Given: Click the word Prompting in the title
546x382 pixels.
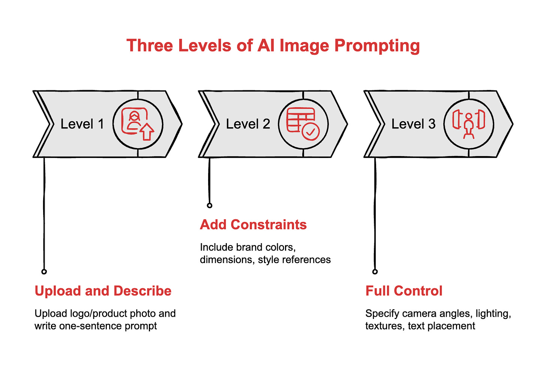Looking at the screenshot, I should (x=377, y=46).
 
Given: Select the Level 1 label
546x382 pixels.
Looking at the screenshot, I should (x=82, y=124).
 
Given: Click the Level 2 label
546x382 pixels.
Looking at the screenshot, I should (x=248, y=124).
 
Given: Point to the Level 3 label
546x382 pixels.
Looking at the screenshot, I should (x=413, y=124).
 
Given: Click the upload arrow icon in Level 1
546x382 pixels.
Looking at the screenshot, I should (x=147, y=132).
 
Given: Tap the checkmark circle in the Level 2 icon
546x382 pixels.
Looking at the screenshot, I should (x=310, y=132).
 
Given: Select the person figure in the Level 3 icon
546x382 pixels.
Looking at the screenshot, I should (x=469, y=126).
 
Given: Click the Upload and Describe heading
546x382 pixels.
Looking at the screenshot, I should (x=103, y=291).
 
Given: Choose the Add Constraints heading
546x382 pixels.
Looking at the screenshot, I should (x=253, y=224).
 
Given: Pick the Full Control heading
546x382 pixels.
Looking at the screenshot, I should (x=404, y=291).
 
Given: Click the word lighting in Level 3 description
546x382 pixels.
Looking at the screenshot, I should (x=493, y=313).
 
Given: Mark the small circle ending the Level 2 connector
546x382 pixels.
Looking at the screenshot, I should (x=210, y=205).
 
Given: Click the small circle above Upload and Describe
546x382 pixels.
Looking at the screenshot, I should (x=44, y=272).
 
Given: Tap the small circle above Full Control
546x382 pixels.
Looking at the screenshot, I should (x=375, y=272).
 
